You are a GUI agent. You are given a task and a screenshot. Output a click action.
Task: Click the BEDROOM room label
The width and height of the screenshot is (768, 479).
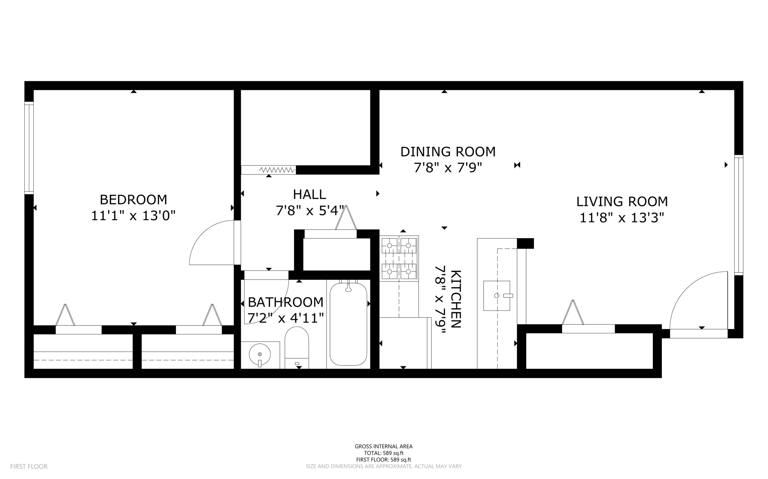133,200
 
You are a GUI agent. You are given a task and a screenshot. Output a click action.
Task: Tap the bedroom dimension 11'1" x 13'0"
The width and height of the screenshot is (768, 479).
133,216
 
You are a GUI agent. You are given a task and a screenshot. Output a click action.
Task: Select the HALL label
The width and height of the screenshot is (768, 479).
309,194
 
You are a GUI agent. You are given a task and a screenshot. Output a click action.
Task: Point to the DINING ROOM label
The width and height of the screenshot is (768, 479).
448,152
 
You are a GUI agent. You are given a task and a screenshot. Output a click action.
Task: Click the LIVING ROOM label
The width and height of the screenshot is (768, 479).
622,201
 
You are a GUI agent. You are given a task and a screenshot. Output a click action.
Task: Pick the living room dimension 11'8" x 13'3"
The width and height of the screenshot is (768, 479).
622,218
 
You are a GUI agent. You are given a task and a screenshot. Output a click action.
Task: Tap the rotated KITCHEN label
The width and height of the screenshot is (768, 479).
455,299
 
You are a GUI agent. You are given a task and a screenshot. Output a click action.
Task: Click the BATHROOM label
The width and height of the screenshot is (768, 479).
285,302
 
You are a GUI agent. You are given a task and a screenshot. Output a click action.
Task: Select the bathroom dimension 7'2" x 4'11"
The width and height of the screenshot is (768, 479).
285,318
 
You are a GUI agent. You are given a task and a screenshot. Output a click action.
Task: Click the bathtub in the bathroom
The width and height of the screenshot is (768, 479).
348,324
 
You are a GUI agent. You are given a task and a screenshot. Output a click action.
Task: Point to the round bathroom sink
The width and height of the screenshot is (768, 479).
260,354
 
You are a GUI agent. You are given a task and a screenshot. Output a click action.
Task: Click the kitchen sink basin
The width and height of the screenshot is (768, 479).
496,295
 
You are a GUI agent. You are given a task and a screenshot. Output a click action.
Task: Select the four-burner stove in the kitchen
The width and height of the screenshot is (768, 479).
399,258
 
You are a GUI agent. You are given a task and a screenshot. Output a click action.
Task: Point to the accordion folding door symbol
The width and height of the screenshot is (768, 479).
277,170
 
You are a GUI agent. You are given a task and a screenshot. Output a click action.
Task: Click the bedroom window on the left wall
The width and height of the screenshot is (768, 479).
29,148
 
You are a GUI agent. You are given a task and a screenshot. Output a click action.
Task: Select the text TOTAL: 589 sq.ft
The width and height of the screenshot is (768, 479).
384,453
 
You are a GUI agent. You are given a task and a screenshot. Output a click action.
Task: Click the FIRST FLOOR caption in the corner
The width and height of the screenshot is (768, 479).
29,466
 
